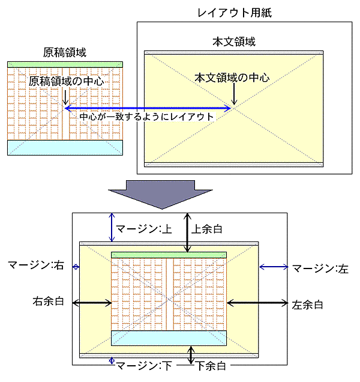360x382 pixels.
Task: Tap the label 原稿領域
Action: [65, 53]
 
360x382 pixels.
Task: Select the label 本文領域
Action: [234, 42]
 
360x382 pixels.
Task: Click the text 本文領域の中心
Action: [232, 77]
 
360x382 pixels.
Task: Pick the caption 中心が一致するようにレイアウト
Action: [146, 117]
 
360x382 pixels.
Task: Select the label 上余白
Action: [208, 229]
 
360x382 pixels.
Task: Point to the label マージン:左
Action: [320, 268]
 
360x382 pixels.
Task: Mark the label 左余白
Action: [308, 305]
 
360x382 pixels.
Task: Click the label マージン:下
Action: [144, 365]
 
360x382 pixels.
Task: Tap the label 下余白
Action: [211, 365]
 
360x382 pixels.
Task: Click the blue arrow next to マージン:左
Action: [274, 267]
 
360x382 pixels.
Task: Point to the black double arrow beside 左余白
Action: [257, 303]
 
